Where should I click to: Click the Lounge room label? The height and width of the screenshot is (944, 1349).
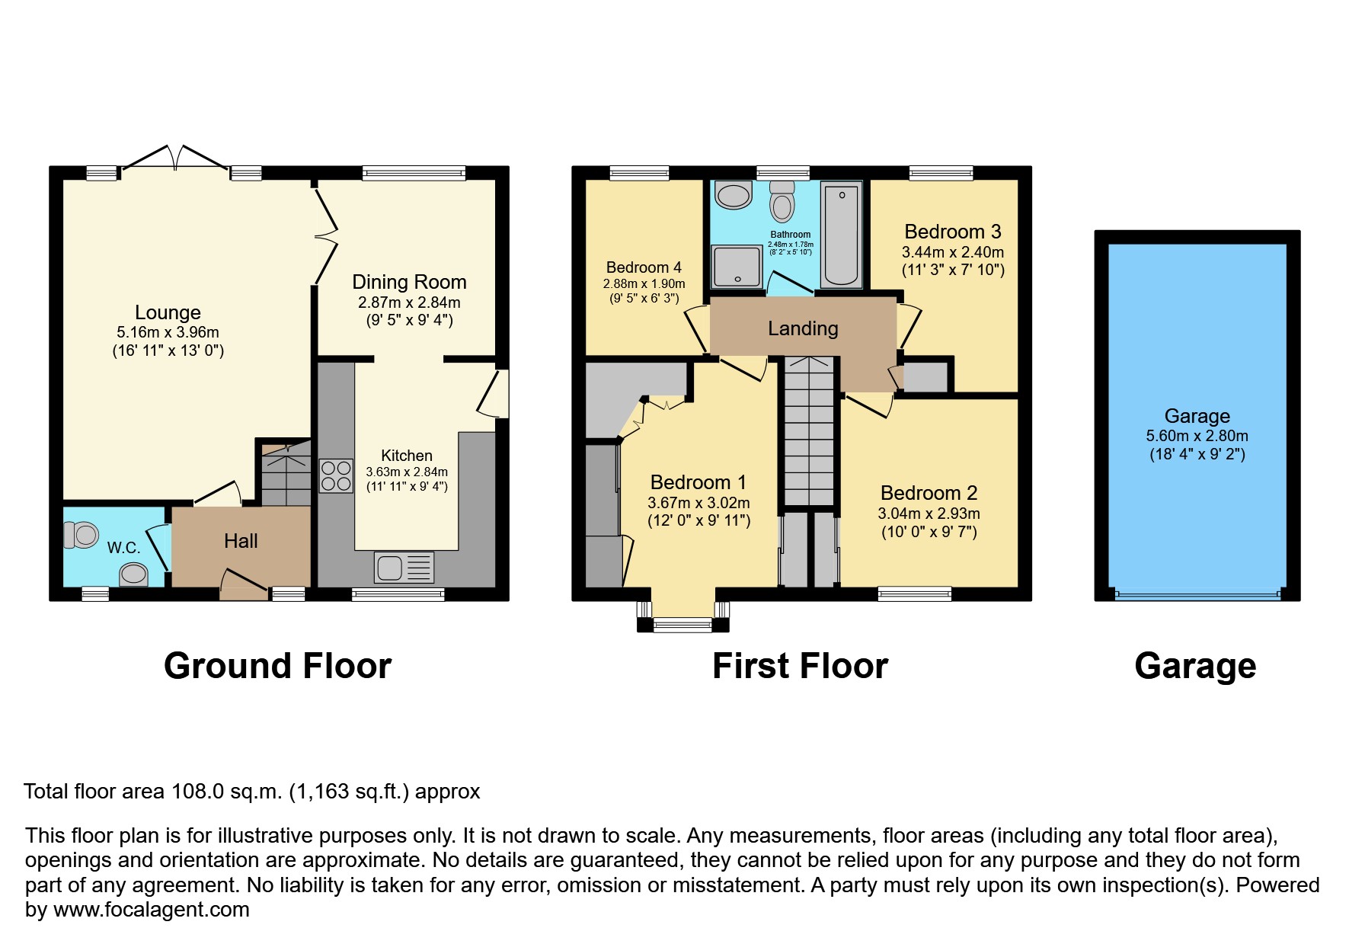tap(168, 312)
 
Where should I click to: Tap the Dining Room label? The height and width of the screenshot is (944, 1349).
tap(409, 282)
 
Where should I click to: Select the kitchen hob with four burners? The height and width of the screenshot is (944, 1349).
tap(336, 475)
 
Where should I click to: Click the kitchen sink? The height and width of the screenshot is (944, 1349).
tap(404, 568)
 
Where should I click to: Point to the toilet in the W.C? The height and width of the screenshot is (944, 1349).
tap(81, 535)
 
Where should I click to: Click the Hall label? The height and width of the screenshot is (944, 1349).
tap(241, 541)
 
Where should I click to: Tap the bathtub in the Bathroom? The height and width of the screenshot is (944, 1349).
tap(841, 234)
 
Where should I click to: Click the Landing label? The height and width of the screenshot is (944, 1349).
tap(803, 328)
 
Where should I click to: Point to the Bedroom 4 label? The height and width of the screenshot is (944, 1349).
tap(644, 267)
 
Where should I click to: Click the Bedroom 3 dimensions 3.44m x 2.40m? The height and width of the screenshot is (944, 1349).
tap(953, 252)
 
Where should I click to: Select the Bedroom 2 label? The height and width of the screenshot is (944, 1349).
tap(929, 493)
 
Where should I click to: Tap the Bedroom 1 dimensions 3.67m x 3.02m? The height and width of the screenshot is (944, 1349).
tap(698, 503)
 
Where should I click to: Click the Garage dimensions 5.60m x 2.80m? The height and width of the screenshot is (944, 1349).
tap(1197, 436)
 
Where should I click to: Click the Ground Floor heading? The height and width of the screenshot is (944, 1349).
tap(277, 666)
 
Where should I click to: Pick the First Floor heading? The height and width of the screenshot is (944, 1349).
tap(800, 666)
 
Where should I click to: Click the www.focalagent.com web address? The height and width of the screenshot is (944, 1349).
tap(151, 910)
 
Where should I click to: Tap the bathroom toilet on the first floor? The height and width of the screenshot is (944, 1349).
tap(782, 200)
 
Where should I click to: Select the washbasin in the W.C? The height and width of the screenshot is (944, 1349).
tap(134, 574)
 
